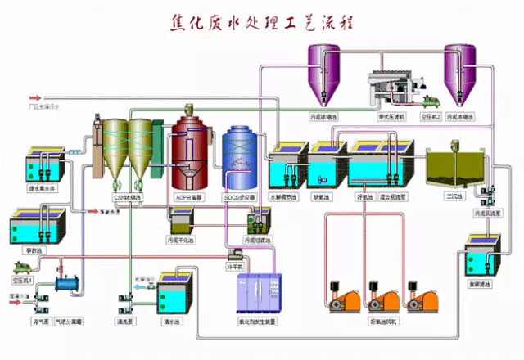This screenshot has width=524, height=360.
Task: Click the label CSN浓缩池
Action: coord(129,197)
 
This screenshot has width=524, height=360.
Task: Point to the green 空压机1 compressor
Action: coord(25,267)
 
